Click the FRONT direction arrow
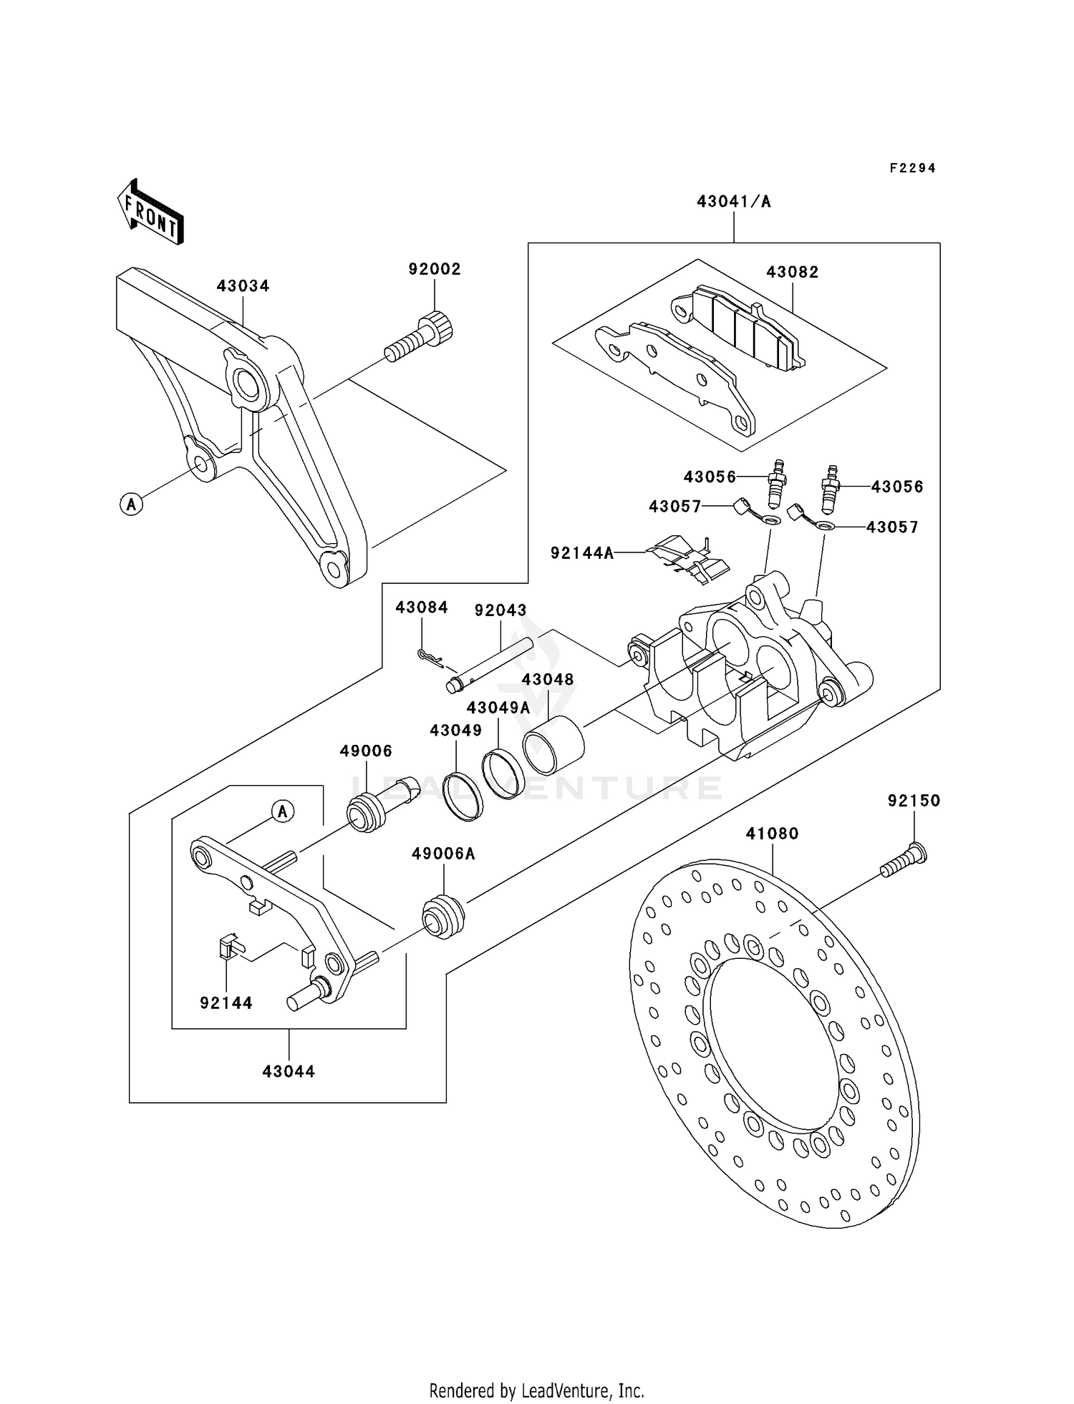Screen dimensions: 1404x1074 coord(150,213)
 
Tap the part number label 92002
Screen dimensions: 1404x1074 coord(435,269)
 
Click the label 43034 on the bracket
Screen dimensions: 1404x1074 coord(243,286)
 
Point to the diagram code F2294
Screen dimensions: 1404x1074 coord(912,168)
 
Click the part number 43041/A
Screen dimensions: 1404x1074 coord(734,202)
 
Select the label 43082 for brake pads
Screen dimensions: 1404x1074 coord(792,272)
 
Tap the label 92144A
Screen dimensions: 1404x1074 coord(582,552)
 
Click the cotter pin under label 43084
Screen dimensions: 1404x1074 coord(429,655)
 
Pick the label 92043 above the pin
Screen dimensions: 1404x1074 coord(500,610)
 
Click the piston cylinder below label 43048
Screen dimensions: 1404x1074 coord(553,744)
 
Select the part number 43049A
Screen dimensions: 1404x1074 coord(498,708)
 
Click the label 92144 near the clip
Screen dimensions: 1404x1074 coord(226,1003)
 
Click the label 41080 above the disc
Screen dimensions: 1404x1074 coord(772,834)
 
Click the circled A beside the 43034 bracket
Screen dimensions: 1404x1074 coord(131,504)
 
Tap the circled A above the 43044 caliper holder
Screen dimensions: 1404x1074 coord(283,811)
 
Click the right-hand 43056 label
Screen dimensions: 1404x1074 coord(896,487)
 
